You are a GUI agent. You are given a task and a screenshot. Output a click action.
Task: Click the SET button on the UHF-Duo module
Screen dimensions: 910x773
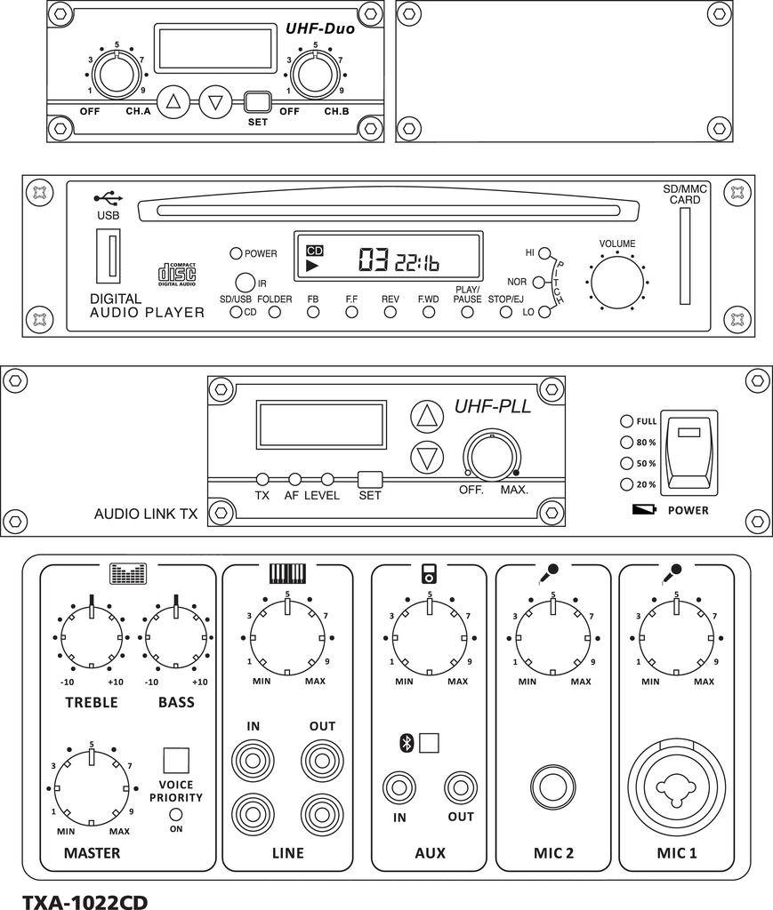point(256,101)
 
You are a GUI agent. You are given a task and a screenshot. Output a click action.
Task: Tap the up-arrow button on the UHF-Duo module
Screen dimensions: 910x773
point(173,101)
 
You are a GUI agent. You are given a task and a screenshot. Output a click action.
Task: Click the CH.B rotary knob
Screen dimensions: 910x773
point(316,75)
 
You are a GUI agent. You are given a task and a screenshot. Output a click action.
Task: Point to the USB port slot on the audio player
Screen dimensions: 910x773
point(109,256)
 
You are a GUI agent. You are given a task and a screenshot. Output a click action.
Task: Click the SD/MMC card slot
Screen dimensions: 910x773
point(683,257)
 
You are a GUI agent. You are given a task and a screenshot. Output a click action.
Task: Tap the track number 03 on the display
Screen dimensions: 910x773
point(373,259)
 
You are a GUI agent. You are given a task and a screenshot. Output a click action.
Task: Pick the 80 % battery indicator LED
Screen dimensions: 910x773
point(626,442)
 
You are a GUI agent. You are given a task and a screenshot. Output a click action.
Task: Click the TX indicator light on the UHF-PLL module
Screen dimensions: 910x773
point(262,479)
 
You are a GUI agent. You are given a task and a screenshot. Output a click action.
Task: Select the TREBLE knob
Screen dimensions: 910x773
point(92,637)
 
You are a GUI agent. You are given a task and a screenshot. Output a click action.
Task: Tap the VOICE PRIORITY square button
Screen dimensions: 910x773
point(176,760)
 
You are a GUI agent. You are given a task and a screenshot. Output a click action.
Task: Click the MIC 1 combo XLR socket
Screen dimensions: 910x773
point(676,786)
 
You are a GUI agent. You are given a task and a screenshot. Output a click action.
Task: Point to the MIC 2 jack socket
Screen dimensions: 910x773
point(553,786)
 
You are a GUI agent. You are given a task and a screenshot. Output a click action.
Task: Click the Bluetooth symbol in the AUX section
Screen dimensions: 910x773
point(407,743)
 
